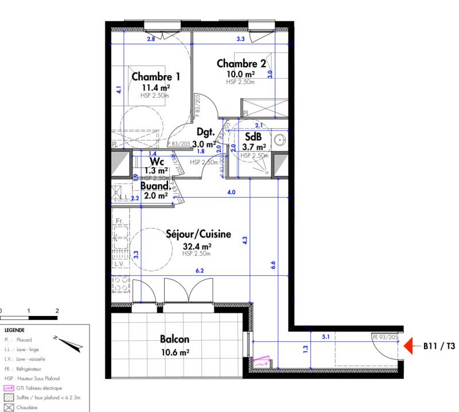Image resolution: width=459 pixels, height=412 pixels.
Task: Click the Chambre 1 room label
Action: (x=156, y=76)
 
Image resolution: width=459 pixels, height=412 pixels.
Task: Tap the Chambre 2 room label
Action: (x=241, y=64)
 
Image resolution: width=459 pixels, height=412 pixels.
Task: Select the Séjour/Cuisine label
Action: (x=199, y=234)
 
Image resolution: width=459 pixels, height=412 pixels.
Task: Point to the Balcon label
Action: (x=175, y=339)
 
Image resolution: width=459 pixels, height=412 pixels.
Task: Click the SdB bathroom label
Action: (x=253, y=137)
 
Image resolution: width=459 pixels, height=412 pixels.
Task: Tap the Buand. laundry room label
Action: (x=155, y=186)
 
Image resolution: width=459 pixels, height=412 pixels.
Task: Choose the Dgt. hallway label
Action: (x=206, y=132)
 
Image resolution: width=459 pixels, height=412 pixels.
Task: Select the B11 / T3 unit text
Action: (x=439, y=346)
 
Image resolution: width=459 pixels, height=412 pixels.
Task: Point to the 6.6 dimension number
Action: (x=274, y=264)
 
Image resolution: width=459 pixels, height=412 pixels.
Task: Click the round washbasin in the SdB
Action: (x=279, y=139)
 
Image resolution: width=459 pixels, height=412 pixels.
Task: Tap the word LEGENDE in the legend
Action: (x=14, y=330)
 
